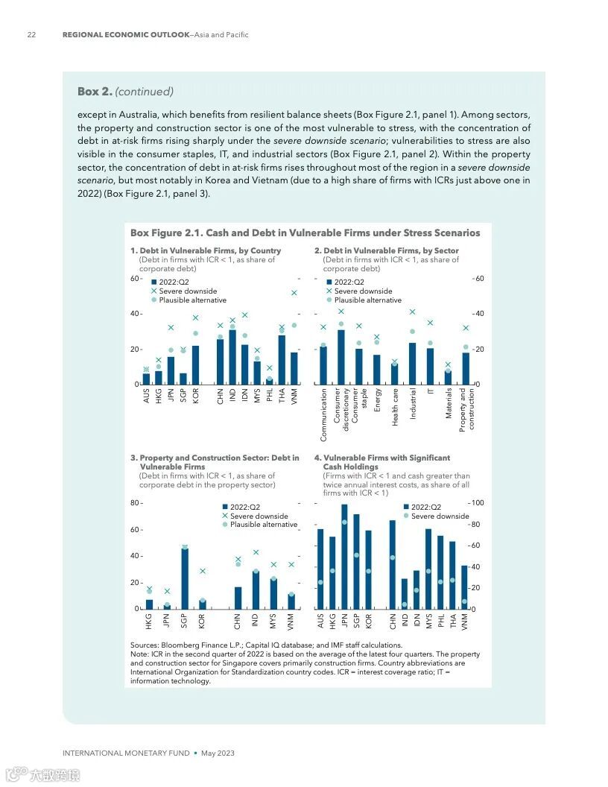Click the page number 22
coord(31,35)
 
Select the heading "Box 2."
coord(95,92)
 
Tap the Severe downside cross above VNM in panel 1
coord(294,293)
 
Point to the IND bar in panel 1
coord(232,357)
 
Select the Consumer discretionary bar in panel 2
coord(341,357)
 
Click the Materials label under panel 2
coord(449,403)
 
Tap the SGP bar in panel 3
coord(184,579)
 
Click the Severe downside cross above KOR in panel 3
coord(202,571)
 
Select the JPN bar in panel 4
coord(344,557)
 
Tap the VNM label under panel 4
coord(465,622)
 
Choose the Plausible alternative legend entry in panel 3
coord(262,525)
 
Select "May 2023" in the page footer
coord(218,753)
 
